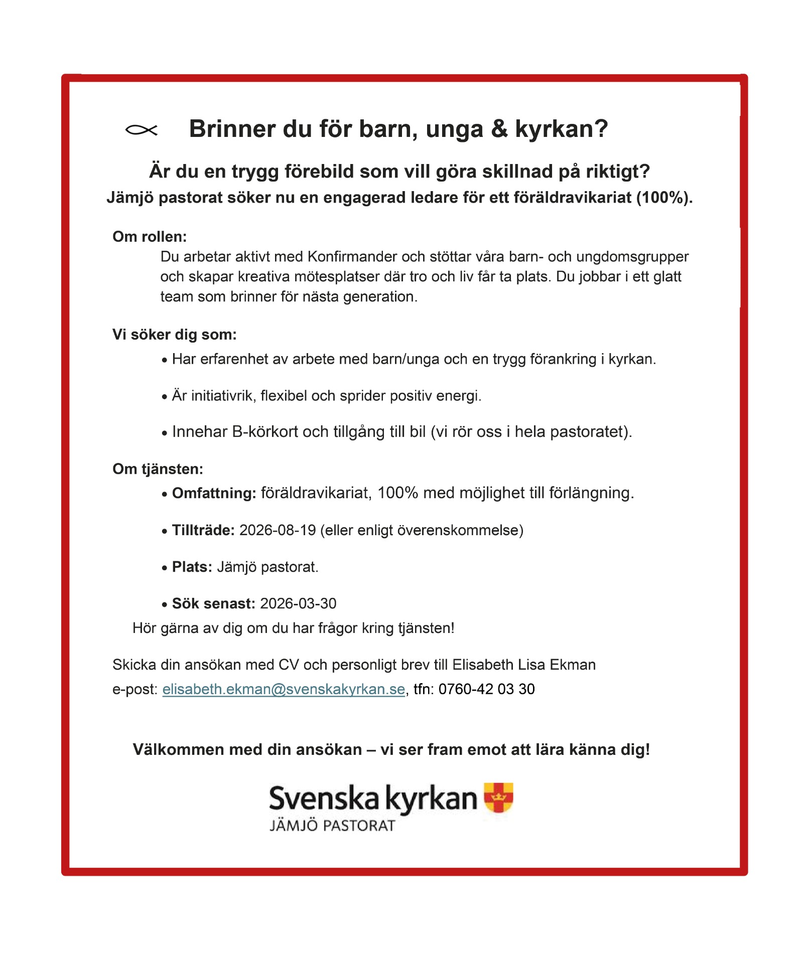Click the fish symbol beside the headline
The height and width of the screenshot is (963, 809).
click(x=141, y=130)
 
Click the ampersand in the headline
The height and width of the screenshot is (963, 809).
click(x=499, y=129)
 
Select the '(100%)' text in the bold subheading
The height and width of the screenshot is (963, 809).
click(x=664, y=198)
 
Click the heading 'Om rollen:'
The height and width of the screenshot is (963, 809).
click(x=150, y=237)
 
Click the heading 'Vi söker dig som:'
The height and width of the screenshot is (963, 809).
click(x=174, y=335)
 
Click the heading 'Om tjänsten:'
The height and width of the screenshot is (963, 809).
click(x=158, y=469)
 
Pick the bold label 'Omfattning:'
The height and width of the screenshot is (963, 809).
click(x=214, y=493)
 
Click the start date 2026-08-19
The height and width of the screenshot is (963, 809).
click(x=278, y=530)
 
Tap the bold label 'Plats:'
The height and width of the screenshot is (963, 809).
click(x=192, y=567)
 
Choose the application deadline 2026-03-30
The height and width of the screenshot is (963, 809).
click(x=298, y=603)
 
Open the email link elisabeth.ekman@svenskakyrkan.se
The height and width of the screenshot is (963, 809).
click(x=284, y=689)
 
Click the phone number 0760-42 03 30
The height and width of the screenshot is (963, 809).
click(x=486, y=689)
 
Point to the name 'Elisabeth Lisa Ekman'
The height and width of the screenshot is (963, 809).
click(x=524, y=665)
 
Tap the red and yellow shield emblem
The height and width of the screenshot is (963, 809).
click(x=498, y=797)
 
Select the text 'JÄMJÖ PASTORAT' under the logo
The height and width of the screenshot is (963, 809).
click(x=332, y=826)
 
